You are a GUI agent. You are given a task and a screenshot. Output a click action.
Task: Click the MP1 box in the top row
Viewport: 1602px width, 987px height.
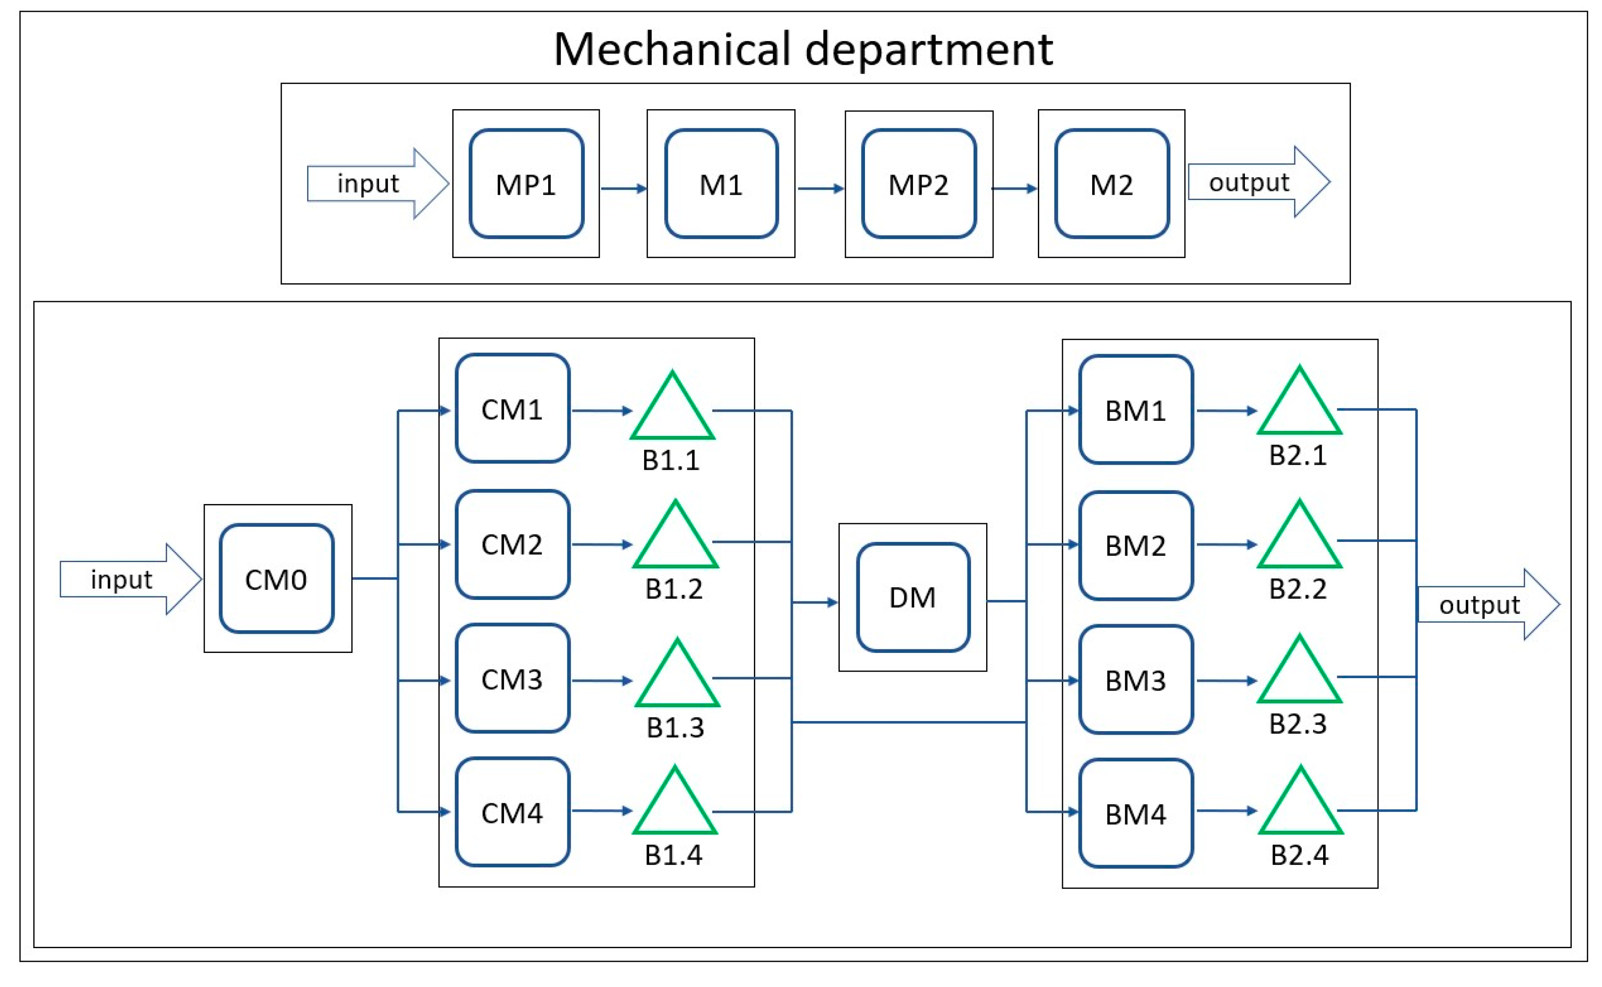point(526,184)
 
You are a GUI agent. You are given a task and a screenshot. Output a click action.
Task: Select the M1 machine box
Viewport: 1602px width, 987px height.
point(721,184)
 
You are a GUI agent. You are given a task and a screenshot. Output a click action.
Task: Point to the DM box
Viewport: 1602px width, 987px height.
point(913,597)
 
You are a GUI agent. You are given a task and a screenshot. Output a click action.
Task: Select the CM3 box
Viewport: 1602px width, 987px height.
point(512,679)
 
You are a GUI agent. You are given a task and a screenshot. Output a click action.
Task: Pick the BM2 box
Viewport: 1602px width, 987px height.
point(1136,545)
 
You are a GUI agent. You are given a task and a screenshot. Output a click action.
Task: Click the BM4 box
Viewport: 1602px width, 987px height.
point(1136,814)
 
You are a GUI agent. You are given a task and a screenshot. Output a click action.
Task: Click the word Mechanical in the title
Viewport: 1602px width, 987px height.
point(672,50)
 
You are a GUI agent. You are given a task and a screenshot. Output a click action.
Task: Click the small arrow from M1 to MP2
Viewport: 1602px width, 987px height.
point(820,189)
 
